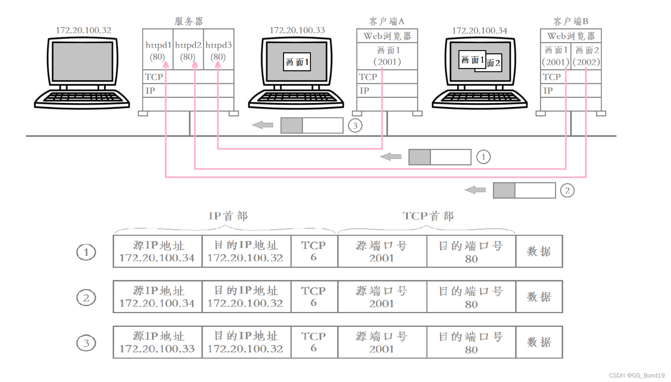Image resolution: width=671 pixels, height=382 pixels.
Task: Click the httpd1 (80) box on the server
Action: (x=158, y=50)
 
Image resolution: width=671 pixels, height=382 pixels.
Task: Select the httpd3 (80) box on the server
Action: (x=219, y=50)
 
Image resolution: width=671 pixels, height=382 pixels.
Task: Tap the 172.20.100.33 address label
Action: (x=297, y=30)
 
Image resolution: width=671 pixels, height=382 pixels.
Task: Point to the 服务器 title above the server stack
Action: (x=189, y=21)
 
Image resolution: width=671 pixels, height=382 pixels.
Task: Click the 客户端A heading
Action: (x=386, y=21)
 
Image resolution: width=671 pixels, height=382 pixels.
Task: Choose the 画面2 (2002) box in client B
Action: (x=586, y=56)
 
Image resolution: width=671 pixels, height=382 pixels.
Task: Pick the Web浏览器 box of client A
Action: (x=387, y=36)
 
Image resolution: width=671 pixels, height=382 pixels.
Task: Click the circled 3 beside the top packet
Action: (x=355, y=125)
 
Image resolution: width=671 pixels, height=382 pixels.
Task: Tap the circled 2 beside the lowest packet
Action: (x=567, y=190)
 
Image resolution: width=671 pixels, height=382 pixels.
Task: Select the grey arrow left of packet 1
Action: (x=391, y=157)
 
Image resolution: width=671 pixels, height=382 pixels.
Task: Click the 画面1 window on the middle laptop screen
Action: (x=297, y=62)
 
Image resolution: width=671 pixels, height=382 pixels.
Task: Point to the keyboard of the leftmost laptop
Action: (x=82, y=98)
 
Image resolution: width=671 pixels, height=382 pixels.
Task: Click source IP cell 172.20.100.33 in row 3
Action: (x=157, y=342)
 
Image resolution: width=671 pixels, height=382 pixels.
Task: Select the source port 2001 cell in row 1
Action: (x=382, y=251)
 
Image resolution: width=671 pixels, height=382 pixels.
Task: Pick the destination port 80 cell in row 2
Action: (x=471, y=297)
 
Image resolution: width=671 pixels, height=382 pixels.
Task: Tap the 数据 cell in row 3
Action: (x=539, y=342)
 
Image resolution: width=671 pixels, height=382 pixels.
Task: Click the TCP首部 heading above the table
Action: (x=428, y=216)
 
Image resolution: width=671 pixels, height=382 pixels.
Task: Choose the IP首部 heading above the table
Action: (x=228, y=216)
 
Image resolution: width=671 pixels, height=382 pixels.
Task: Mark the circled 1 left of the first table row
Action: (x=86, y=252)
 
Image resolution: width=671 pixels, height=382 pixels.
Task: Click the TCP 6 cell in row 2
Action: (x=314, y=297)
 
